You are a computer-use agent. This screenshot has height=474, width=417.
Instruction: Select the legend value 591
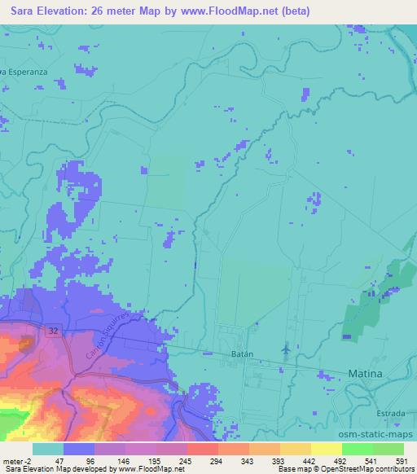[x=402, y=462]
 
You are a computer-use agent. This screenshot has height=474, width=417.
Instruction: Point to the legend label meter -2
[x=15, y=462]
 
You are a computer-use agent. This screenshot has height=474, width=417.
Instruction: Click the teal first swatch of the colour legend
[x=47, y=449]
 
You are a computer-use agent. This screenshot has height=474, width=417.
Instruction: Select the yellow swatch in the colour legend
[x=326, y=449]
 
